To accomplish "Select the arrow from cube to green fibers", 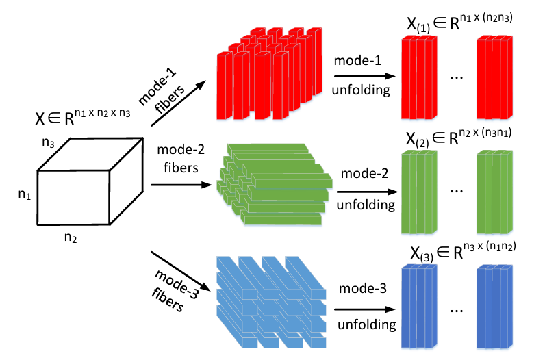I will pyautogui.click(x=177, y=185).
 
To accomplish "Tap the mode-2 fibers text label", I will pyautogui.click(x=177, y=157).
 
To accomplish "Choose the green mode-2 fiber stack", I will pyautogui.click(x=274, y=189).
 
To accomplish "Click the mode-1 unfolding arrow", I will pyautogui.click(x=363, y=77).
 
